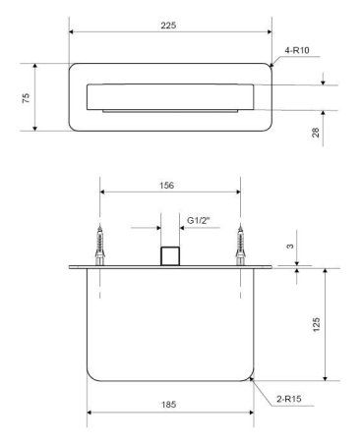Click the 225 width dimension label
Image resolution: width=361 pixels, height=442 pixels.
(168, 26)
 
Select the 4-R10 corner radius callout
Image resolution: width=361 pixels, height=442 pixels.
(297, 50)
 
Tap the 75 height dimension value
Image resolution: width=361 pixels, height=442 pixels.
(26, 98)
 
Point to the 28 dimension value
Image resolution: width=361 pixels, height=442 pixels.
(315, 133)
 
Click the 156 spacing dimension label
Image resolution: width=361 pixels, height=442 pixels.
(167, 186)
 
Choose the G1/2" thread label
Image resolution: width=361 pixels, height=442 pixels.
(198, 220)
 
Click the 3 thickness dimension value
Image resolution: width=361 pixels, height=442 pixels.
(290, 247)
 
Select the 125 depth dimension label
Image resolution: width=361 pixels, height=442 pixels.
(316, 324)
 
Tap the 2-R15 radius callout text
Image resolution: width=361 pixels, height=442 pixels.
(289, 399)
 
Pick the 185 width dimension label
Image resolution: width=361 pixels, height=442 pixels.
(168, 405)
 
